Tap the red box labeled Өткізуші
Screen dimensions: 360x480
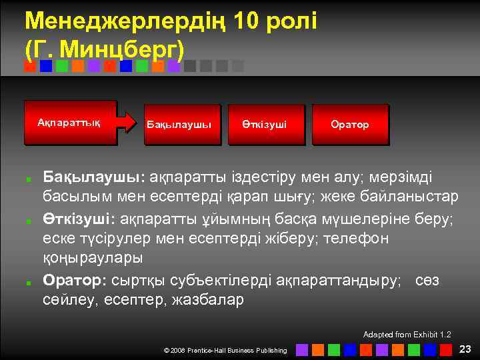265,125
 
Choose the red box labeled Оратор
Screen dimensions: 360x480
349,125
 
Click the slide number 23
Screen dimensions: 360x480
465,349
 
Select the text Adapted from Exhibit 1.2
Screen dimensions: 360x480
407,334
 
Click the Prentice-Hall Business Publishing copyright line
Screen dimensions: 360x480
225,350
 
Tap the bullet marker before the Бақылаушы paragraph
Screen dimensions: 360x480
29,179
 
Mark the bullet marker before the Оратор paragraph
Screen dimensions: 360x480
29,281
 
